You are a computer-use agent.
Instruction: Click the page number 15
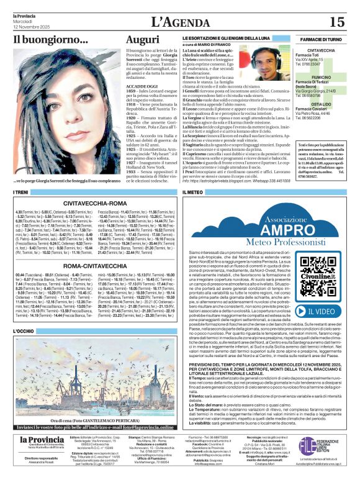337,22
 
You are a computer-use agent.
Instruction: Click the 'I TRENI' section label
23,193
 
